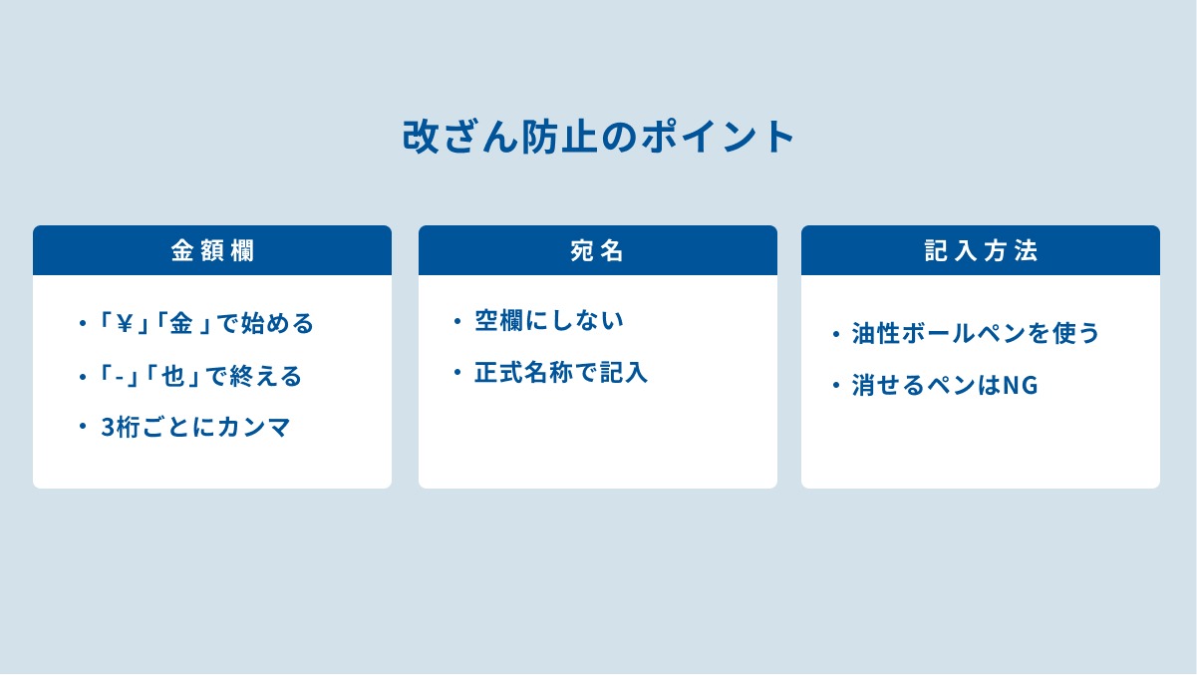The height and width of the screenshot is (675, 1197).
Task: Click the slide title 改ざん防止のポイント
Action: tap(598, 138)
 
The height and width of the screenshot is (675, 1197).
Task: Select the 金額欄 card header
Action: tap(212, 250)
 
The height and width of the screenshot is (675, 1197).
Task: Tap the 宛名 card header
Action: tap(597, 250)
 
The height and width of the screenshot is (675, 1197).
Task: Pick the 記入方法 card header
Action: tap(981, 250)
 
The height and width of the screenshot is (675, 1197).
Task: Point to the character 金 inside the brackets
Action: tap(180, 324)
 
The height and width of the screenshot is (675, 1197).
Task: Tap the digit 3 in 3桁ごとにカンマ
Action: tap(108, 429)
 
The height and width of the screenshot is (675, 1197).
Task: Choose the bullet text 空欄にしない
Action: tap(548, 321)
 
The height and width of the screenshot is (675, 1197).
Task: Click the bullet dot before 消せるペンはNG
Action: tap(835, 385)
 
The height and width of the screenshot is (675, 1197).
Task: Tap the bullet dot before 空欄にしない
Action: tap(456, 321)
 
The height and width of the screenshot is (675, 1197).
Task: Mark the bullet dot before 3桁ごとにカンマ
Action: tap(82, 428)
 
